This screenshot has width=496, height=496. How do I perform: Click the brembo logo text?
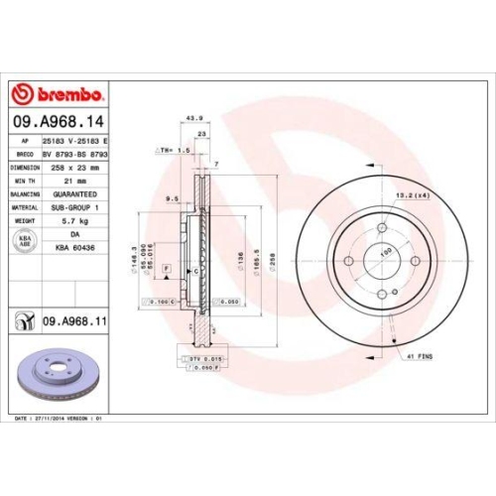[63, 93]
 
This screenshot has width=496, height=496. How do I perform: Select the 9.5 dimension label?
[171, 198]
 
